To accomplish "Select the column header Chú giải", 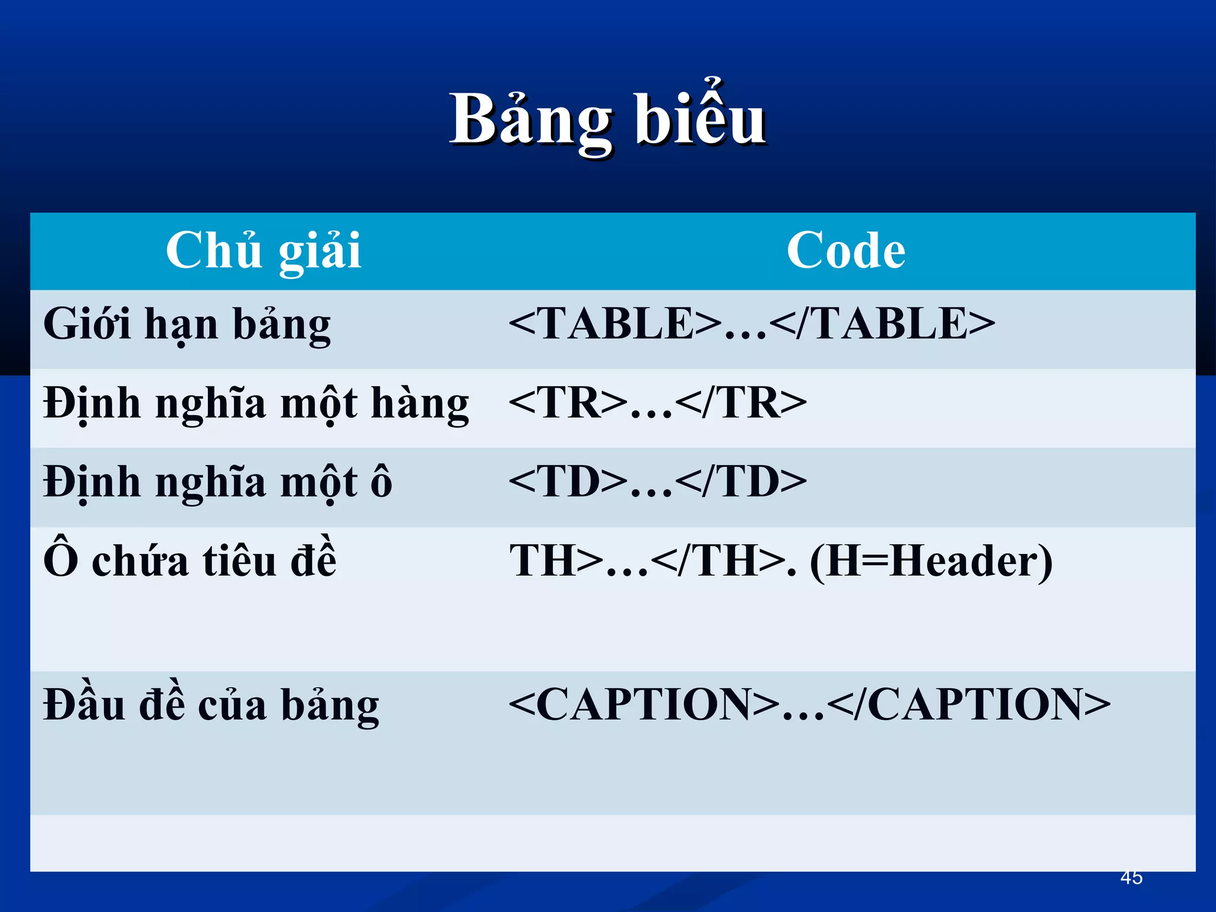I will coord(263,251).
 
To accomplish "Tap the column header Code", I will coord(845,251).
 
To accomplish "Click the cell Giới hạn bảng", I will coord(187,325).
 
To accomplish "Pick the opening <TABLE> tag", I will coord(615,324).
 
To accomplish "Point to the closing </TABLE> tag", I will coord(882,324).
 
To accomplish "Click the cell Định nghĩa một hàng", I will coord(256,404).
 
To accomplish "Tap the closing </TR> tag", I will coord(741,403).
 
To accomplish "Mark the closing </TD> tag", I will coord(741,482).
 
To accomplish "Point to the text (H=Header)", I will coord(931,561).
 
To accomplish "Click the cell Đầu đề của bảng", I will coord(211,705).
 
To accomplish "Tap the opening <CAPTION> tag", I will coord(644,704).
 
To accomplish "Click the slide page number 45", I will coord(1131,877).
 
